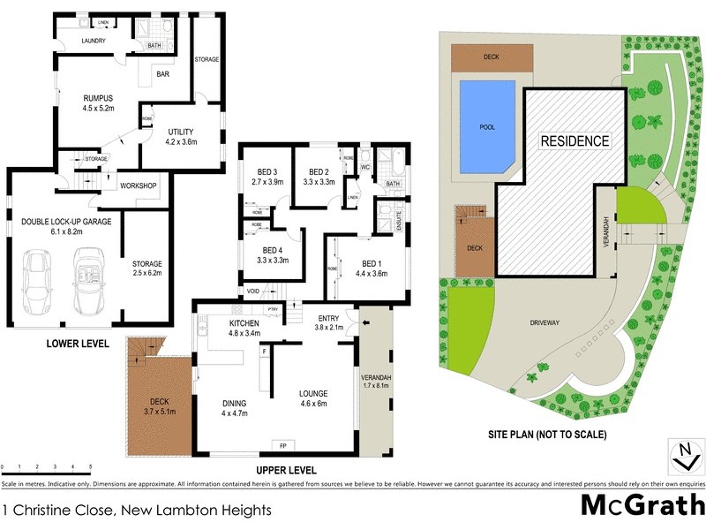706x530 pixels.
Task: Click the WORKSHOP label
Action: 138,185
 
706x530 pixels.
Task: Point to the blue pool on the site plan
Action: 486,126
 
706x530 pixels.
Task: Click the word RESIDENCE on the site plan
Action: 575,140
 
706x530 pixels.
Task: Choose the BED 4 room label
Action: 274,255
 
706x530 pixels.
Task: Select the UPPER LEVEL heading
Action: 286,470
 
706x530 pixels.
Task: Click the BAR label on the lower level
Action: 163,75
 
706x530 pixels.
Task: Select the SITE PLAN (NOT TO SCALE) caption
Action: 547,435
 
